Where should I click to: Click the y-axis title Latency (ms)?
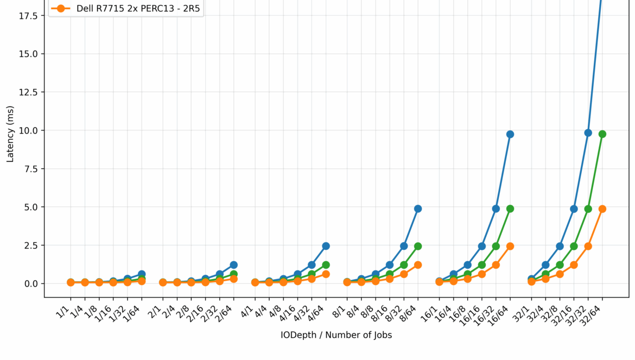pos(10,134)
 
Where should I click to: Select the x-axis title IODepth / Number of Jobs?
pos(336,335)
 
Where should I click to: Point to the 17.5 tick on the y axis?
pos(28,16)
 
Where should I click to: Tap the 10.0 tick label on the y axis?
pos(28,130)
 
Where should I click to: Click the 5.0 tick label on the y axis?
pos(30,207)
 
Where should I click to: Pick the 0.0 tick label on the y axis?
pos(30,283)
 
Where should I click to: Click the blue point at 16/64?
pos(510,134)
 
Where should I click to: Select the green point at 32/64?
pos(602,134)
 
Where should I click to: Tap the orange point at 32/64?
pos(602,209)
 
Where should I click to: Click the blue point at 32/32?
pos(588,132)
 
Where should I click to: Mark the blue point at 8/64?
pos(418,209)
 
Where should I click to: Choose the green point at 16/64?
pos(510,209)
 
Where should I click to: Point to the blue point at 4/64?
pos(326,246)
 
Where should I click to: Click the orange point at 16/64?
pos(510,246)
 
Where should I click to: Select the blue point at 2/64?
pos(234,265)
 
